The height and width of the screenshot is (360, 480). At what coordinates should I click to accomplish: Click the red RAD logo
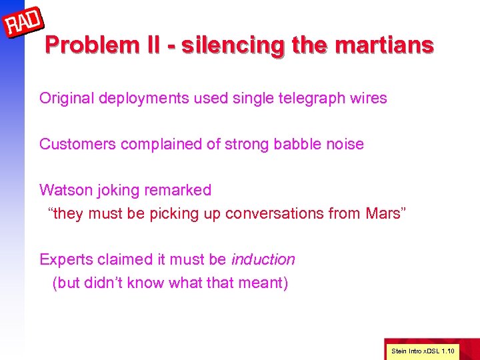click(x=25, y=24)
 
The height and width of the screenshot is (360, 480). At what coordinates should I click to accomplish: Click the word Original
click(x=67, y=99)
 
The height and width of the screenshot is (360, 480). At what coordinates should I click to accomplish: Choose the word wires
click(x=368, y=99)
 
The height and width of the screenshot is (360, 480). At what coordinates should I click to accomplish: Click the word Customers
click(x=78, y=144)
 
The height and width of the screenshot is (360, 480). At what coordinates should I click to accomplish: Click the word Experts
click(x=65, y=259)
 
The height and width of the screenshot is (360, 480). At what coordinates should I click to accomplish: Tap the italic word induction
click(x=263, y=259)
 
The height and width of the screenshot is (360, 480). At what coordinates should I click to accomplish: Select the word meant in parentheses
click(x=265, y=283)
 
